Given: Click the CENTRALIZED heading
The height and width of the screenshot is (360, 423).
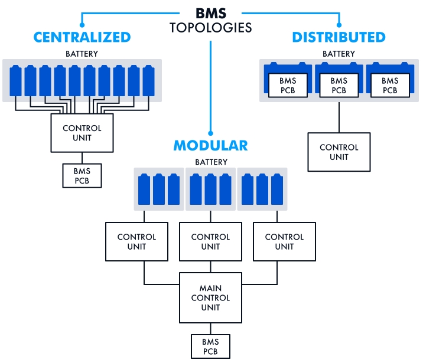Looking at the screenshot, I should click(82, 37).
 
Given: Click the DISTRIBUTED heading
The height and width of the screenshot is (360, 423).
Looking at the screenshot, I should click(339, 37).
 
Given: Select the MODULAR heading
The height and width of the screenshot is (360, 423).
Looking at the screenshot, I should click(210, 146).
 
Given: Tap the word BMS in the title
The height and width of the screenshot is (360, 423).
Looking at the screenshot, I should click(210, 14).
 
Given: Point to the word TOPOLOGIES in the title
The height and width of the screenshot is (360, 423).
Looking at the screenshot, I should click(210, 28).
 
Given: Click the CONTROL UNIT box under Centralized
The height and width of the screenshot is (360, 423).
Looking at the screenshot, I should click(82, 133).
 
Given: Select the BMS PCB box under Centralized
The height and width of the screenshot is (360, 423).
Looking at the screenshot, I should click(82, 175).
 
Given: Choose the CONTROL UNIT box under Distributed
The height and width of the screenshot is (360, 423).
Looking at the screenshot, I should click(339, 152).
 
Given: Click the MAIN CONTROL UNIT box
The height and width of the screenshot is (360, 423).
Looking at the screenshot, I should click(210, 298).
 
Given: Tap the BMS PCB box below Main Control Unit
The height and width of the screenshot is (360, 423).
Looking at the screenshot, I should click(210, 346).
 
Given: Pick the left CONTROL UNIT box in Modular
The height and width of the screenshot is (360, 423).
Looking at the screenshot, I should click(136, 241).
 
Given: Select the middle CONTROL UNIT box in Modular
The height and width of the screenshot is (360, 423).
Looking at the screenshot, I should click(210, 241).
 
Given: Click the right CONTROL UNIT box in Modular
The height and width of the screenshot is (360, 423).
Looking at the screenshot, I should click(284, 241).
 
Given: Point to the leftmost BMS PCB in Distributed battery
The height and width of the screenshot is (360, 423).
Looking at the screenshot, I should click(287, 86).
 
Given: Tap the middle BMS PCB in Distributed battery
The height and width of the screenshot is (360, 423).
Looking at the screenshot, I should click(339, 86).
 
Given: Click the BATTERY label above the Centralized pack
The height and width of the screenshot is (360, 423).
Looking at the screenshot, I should click(82, 54).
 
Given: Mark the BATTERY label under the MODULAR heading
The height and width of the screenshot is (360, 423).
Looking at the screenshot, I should click(210, 162).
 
